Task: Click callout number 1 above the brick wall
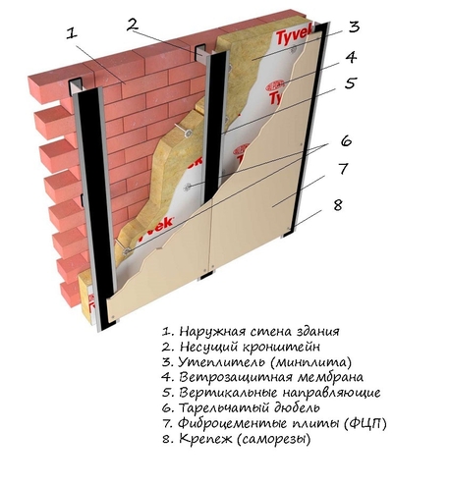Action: [72, 33]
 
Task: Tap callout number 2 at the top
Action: [134, 24]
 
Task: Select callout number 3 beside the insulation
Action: [354, 27]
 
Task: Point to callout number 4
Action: [351, 57]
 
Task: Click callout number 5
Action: [350, 82]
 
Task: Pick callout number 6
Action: [346, 140]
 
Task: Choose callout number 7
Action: [342, 169]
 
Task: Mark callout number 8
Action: [337, 205]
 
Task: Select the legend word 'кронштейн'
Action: [286, 347]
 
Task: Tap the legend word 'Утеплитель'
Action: [221, 361]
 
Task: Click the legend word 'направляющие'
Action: [331, 393]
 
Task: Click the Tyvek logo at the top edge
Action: [292, 36]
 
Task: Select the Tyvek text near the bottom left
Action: [155, 228]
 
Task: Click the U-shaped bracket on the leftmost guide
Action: [77, 86]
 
